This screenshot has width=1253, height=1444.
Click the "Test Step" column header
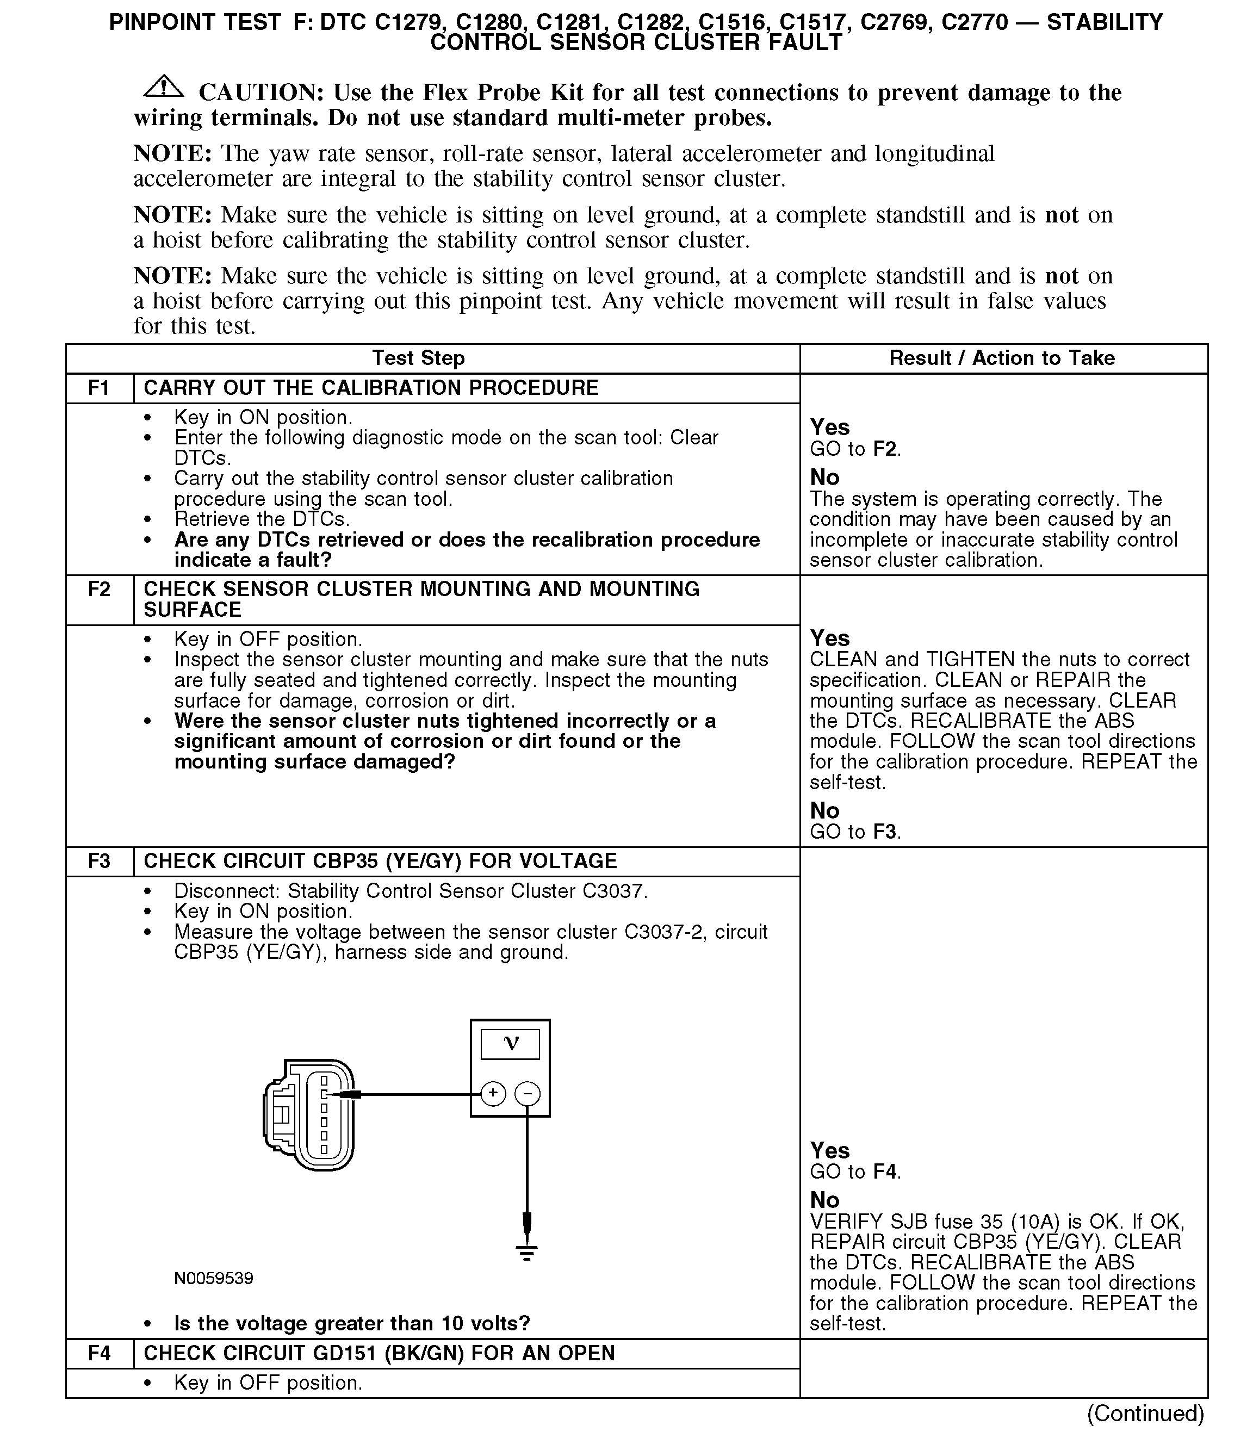coord(418,358)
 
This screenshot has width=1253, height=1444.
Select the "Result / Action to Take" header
coord(1001,358)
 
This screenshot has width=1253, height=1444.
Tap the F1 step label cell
coord(100,388)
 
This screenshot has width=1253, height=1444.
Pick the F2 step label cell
coord(100,590)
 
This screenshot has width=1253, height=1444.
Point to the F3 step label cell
coord(100,862)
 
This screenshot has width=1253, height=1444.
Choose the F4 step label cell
coord(100,1353)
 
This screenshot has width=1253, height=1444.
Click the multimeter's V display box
coord(511,1044)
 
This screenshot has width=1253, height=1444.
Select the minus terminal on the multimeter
coord(528,1094)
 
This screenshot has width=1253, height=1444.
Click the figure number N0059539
coord(213,1278)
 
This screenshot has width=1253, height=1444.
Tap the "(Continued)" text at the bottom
coord(1145,1413)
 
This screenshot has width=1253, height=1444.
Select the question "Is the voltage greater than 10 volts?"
coord(352,1323)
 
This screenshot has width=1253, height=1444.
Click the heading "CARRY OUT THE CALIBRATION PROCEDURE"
coord(370,388)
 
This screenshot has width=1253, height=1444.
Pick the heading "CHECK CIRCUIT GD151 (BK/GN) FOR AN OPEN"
coord(379,1353)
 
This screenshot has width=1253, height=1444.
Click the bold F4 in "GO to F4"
coord(885,1172)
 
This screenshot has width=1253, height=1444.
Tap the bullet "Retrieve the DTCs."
coord(262,519)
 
